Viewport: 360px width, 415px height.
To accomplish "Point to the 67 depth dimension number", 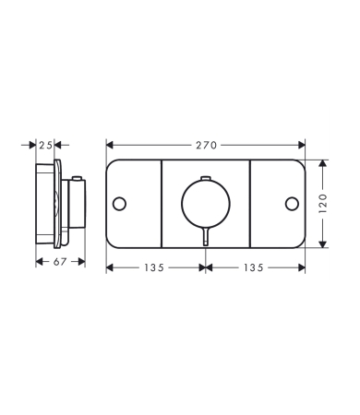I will (x=61, y=263).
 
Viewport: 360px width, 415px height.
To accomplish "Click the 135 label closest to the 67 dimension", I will (x=155, y=267).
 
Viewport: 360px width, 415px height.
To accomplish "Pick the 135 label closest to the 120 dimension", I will (x=255, y=267).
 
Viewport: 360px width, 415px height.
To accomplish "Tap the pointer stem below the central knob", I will (x=205, y=238).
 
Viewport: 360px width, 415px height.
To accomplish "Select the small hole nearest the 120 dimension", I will (x=292, y=203).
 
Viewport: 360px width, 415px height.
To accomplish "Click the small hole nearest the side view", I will (x=119, y=203).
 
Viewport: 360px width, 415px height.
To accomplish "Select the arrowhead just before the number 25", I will (x=33, y=145).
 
